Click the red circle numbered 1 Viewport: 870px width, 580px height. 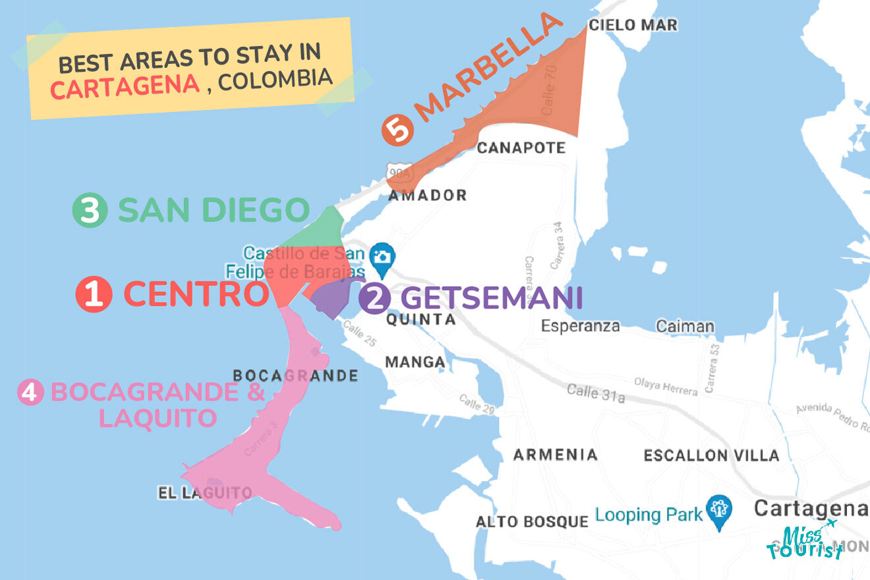coord(94,294)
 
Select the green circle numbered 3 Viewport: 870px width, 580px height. coord(90,211)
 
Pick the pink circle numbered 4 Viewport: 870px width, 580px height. coord(30,393)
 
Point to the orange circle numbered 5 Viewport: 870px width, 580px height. coord(397,129)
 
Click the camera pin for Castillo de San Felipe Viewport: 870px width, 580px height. coord(382,258)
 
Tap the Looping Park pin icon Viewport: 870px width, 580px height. coord(718,511)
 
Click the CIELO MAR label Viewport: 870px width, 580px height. coord(633,25)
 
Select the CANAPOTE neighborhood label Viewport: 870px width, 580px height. coord(521,148)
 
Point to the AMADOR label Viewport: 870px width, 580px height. coord(427,195)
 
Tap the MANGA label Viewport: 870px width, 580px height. coord(415,362)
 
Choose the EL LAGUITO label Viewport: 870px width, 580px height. coord(205,492)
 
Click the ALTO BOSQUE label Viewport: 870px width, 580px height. coord(532,522)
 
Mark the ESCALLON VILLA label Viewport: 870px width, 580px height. coord(711,455)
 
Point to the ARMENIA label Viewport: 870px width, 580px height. coord(555,454)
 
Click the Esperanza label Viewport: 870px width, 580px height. coord(580,326)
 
